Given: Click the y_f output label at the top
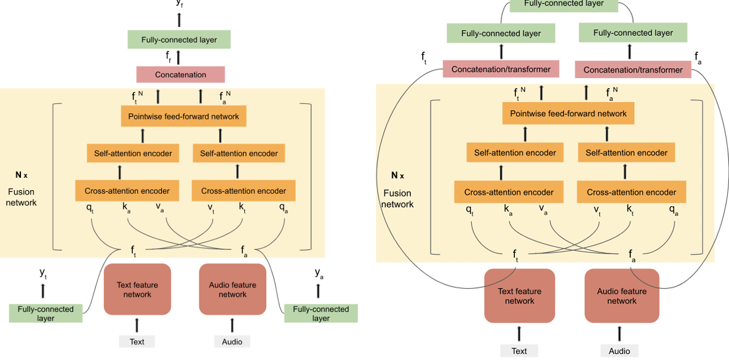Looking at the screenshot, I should coord(179,3).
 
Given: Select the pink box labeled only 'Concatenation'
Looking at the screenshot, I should coord(180,74).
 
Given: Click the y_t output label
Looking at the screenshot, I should coord(43,273).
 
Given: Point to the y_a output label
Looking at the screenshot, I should coord(319,273).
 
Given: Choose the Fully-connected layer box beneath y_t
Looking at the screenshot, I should coord(46,313).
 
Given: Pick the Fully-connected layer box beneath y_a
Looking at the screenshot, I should coord(321,313).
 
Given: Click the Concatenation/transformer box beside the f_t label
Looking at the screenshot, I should coord(501,70).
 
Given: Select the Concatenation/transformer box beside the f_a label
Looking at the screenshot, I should coord(633,70).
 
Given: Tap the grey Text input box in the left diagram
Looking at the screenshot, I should coord(137,342).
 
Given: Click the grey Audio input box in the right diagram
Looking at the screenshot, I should coord(619,351).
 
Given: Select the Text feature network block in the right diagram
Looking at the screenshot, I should coord(519,296).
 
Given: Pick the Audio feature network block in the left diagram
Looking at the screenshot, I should coord(233,289).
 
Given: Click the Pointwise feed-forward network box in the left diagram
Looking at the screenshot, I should coord(183,116).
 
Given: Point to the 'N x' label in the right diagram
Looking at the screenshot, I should coord(399,175).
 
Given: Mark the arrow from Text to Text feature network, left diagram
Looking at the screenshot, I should coord(137,325).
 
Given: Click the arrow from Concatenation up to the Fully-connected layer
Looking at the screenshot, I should coord(179,58).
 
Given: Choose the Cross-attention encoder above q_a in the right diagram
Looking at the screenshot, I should coord(631,192).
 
